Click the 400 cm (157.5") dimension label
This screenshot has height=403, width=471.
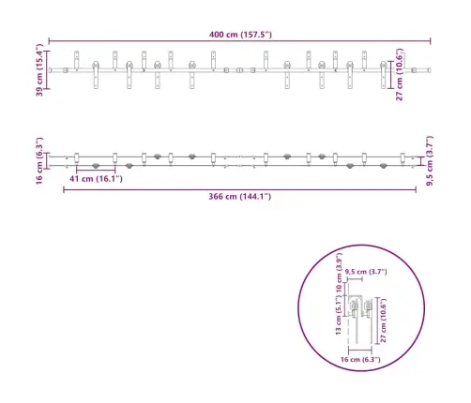click(240, 35)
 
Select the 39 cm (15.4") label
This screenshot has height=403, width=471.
click(39, 71)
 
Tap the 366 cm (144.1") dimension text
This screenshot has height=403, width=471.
click(240, 198)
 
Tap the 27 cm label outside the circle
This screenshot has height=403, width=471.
click(401, 76)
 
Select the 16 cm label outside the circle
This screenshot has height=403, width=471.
click(39, 160)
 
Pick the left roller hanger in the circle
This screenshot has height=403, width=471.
click(356, 308)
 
